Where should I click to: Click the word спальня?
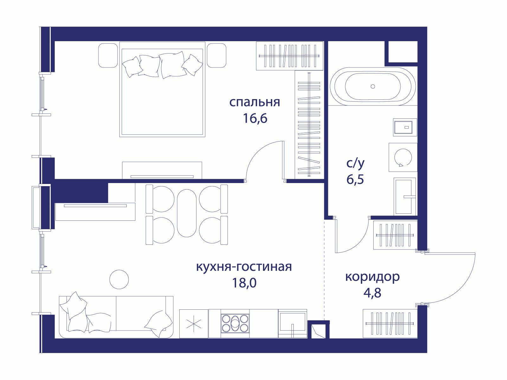(254, 102)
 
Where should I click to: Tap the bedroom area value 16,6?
(255, 118)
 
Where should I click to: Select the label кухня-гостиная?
(244, 267)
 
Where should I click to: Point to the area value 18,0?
(244, 283)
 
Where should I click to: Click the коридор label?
(372, 277)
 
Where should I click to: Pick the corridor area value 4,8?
(372, 293)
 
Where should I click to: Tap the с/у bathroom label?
(355, 163)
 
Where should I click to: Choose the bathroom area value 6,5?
(355, 179)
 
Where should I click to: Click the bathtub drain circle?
(373, 86)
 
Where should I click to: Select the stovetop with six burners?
(235, 323)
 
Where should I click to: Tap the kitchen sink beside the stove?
(292, 323)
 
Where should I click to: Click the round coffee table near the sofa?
(119, 279)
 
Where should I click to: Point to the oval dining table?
(187, 213)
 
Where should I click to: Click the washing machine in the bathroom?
(403, 157)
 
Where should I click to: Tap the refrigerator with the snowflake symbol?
(194, 323)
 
